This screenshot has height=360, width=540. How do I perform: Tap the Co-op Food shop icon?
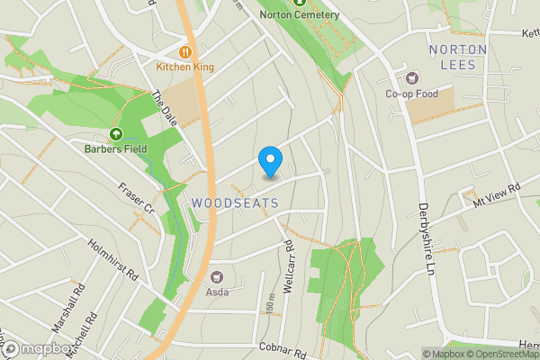pos(413,78)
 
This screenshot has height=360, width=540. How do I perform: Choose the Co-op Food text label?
pos(413,93)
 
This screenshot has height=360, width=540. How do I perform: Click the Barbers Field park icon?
pos(115,134)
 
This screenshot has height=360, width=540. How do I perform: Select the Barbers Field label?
pos(115,148)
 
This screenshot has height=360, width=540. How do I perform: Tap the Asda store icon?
pos(217,276)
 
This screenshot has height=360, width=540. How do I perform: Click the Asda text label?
pos(217,291)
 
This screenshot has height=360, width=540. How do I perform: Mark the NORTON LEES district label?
pos(458,57)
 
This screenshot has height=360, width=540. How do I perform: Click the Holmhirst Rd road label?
pos(112,257)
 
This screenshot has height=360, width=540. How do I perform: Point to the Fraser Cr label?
pos(138,200)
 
